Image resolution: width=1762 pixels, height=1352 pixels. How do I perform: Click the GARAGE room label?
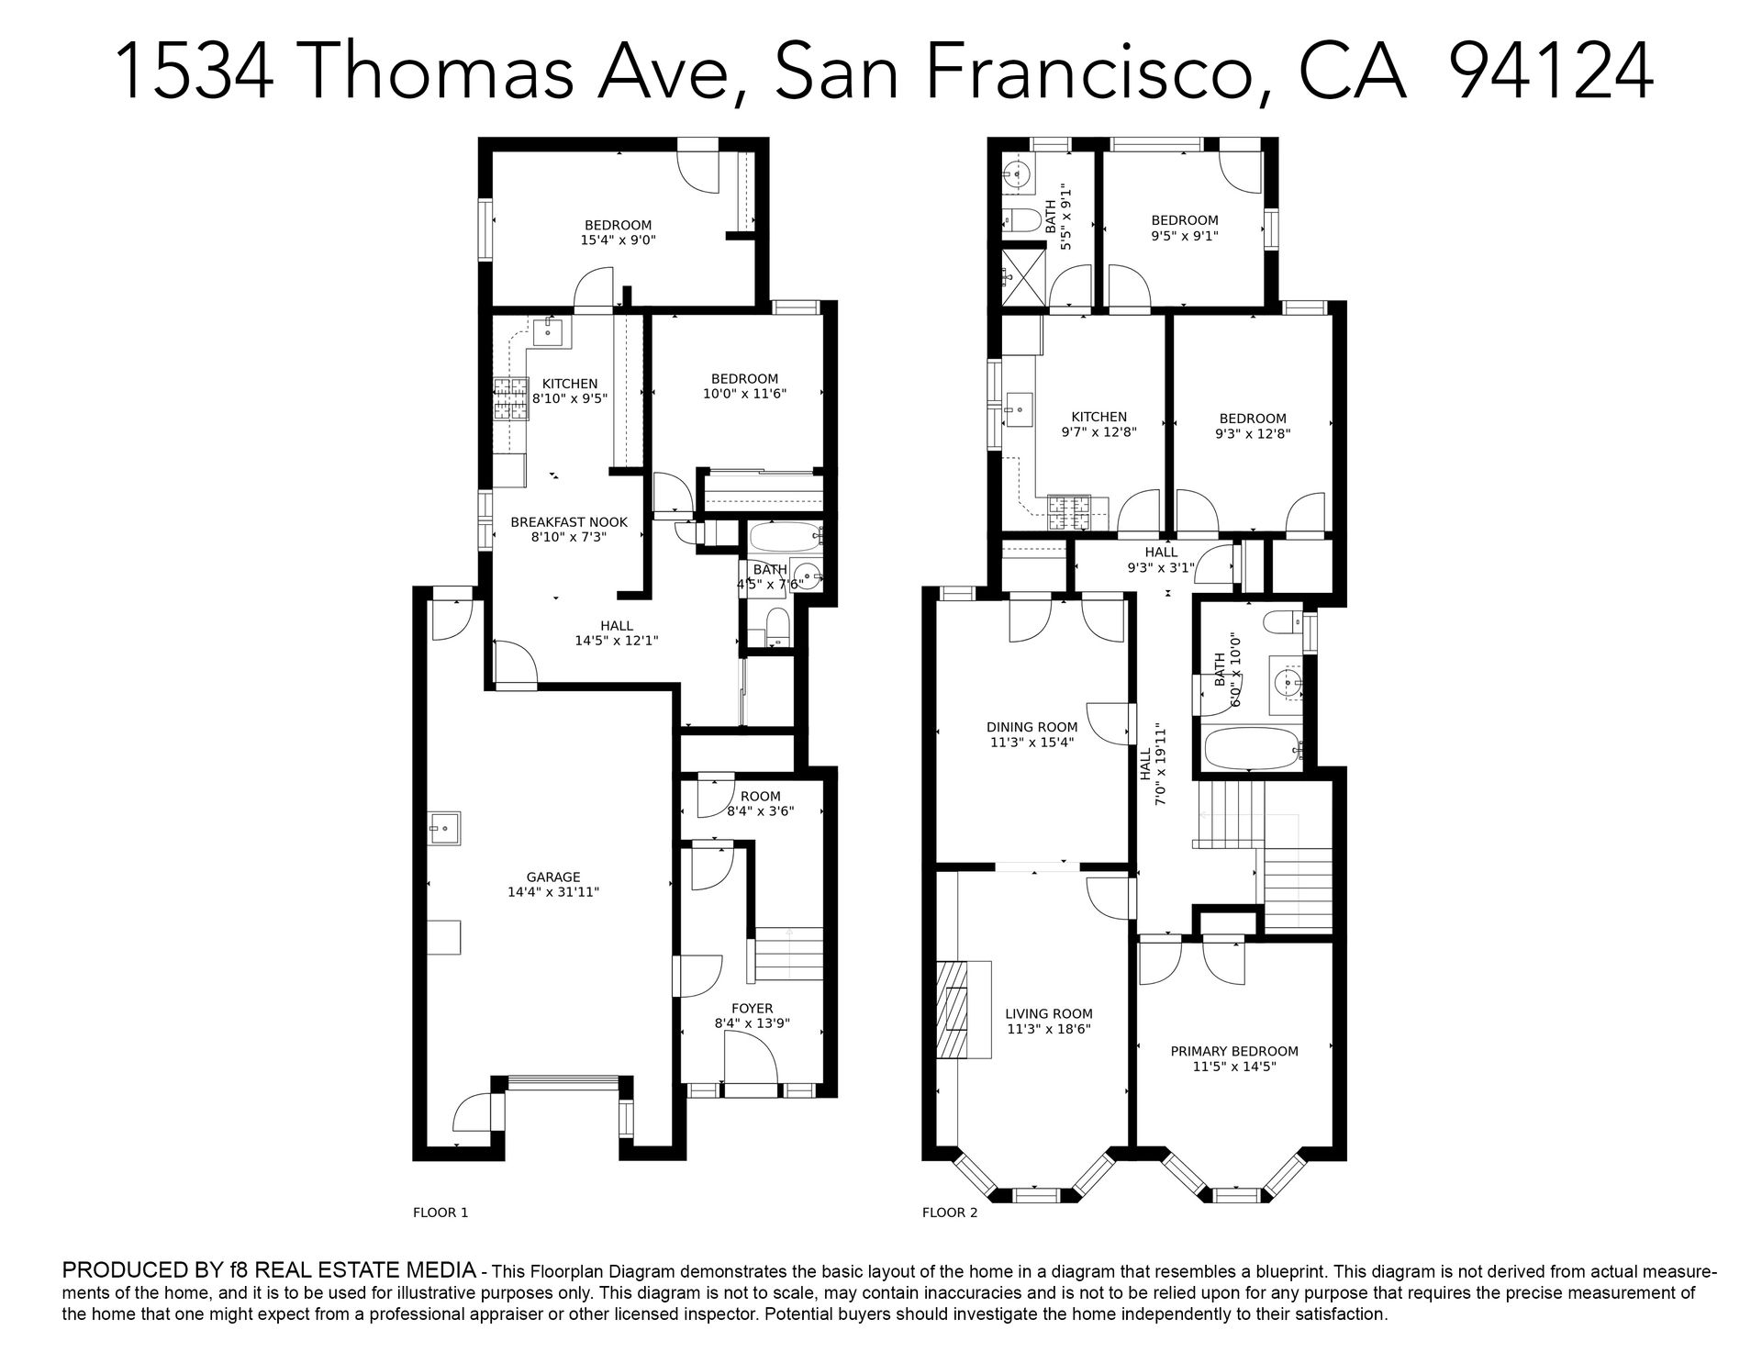(553, 877)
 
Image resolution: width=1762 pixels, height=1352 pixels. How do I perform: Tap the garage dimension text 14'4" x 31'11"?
(553, 892)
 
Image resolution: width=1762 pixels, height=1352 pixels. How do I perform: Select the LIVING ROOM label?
(1049, 1013)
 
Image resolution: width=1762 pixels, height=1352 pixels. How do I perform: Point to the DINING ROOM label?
(1032, 727)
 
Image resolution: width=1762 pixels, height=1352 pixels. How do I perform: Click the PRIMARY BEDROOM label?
(1234, 1051)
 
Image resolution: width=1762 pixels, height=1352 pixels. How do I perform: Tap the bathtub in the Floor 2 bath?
(1251, 748)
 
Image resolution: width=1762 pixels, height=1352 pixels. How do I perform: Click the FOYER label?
(752, 1008)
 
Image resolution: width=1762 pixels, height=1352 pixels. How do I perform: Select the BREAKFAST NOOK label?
(569, 521)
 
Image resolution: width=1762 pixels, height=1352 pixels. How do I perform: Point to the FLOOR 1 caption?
(440, 1212)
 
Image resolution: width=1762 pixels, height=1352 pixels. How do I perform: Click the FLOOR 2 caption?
(950, 1212)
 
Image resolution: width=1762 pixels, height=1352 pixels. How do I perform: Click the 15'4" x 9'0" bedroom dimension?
(619, 240)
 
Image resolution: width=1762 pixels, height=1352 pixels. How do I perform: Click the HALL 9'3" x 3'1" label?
(1161, 560)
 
